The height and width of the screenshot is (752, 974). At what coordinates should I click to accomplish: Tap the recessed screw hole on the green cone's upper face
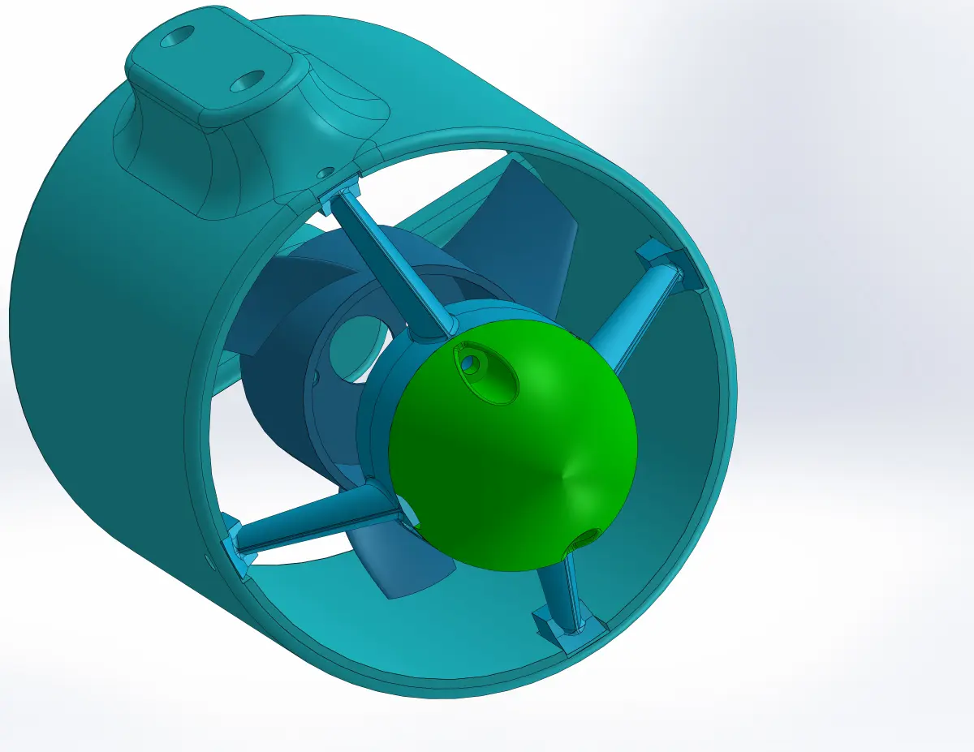[x=470, y=364]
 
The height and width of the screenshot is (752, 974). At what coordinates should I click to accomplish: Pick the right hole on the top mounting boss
[x=248, y=80]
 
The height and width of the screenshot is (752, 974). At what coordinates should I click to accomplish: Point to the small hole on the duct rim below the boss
[x=326, y=173]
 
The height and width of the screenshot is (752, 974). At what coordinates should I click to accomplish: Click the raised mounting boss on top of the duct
[x=215, y=81]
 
